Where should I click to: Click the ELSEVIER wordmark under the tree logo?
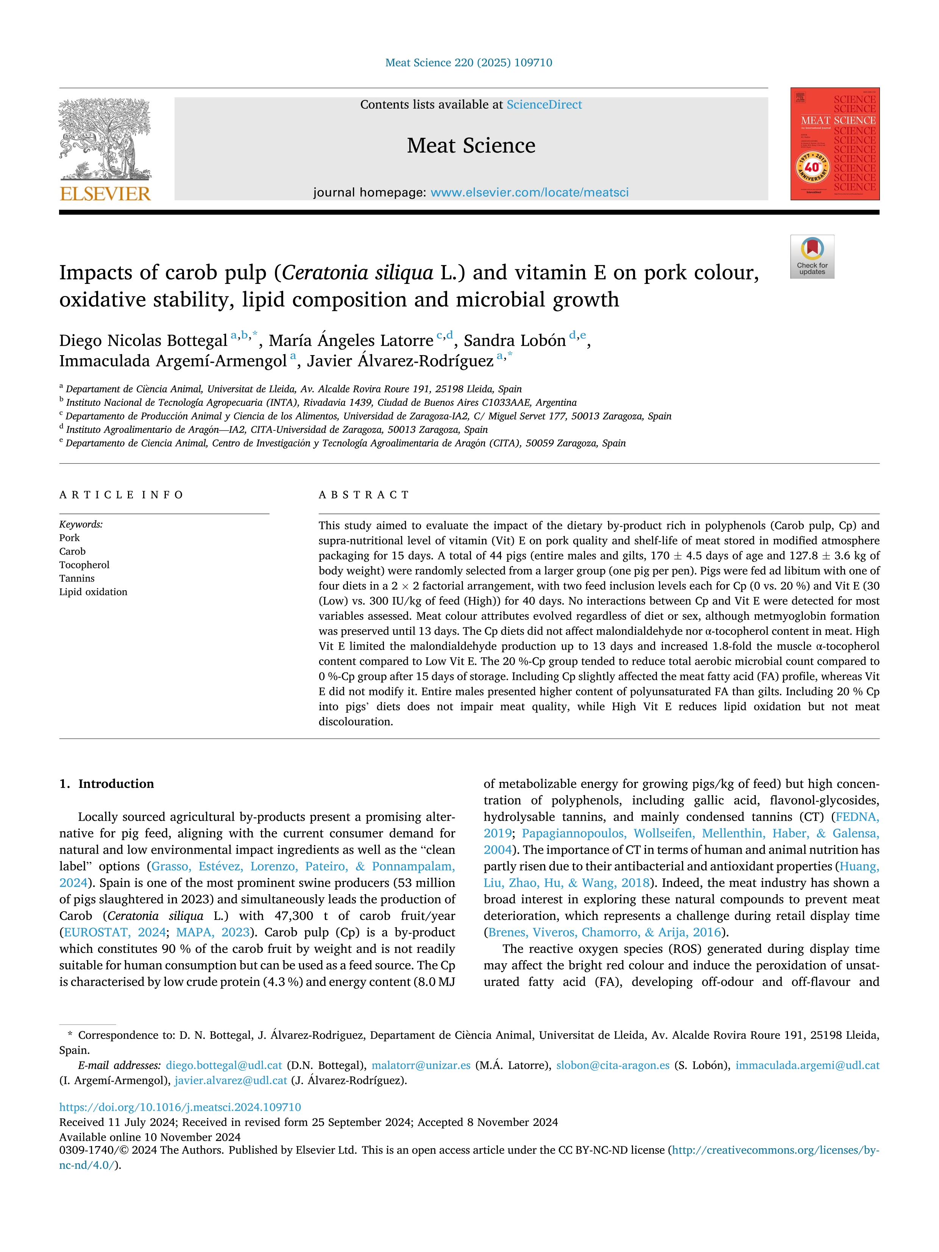click(x=105, y=194)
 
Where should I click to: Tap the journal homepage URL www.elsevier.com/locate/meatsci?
click(x=529, y=192)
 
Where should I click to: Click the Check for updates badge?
click(x=812, y=256)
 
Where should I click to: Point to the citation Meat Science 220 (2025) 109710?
click(x=469, y=63)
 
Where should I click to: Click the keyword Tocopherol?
click(x=84, y=565)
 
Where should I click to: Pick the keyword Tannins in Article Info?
click(x=77, y=578)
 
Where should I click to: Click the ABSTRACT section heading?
click(x=364, y=495)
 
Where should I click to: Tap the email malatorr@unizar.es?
click(x=421, y=1065)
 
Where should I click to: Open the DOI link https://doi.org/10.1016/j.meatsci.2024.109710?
click(x=180, y=1107)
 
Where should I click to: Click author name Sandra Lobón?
click(x=515, y=341)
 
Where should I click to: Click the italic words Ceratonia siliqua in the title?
click(x=358, y=273)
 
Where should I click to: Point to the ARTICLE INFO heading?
click(x=121, y=495)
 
